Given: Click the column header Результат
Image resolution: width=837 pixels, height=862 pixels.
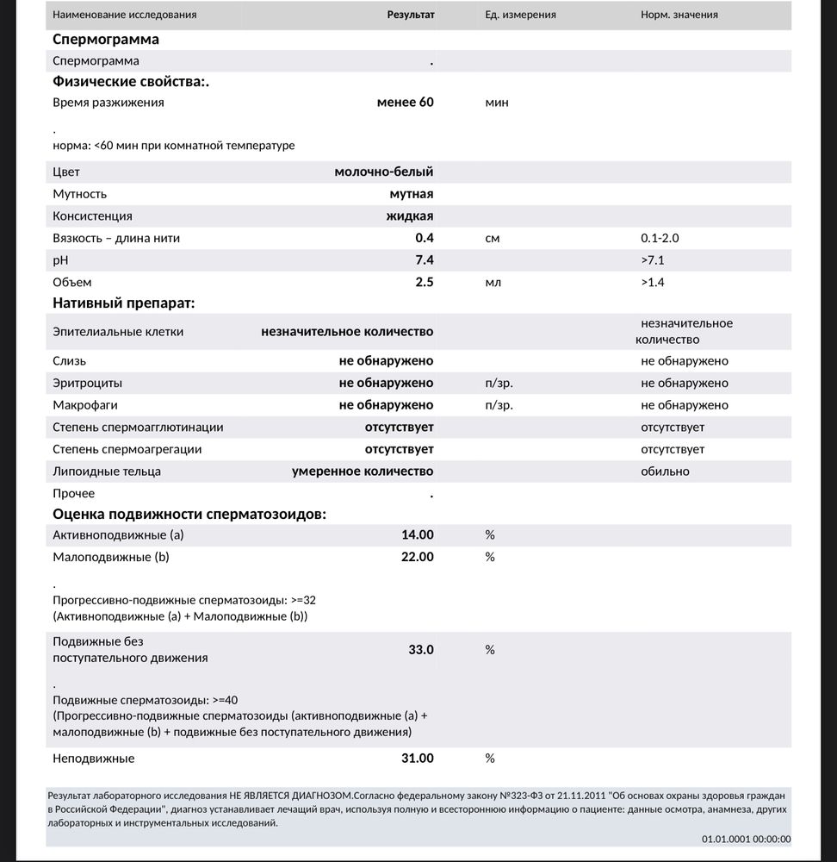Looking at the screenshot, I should [x=411, y=15].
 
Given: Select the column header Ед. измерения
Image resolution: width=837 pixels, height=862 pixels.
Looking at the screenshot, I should [x=520, y=15].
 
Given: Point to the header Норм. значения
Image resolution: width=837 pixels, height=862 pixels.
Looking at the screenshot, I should [x=679, y=15].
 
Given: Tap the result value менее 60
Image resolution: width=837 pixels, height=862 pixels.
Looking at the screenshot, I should [x=405, y=103].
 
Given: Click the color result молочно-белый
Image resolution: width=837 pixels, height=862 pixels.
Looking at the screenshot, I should [x=383, y=172].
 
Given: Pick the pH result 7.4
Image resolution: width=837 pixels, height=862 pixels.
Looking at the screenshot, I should [x=424, y=260].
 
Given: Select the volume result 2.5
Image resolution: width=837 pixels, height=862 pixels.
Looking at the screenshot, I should [x=424, y=283].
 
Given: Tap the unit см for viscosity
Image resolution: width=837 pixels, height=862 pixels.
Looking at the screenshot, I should [x=493, y=239].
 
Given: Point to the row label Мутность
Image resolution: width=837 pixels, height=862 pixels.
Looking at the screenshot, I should [x=80, y=195].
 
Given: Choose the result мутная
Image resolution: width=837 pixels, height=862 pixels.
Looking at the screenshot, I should [x=411, y=195].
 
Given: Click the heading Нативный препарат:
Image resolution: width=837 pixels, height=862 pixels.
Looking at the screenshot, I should [x=123, y=303].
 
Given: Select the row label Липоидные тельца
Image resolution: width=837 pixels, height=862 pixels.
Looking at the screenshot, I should [x=107, y=472].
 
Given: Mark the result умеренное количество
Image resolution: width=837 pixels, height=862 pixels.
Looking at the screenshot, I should [x=363, y=472].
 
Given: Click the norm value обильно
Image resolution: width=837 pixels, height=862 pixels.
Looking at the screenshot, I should [x=665, y=472].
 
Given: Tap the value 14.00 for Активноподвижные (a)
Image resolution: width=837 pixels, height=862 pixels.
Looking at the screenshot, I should [x=418, y=535].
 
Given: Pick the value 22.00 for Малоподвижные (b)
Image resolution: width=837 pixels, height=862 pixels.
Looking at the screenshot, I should [x=418, y=558].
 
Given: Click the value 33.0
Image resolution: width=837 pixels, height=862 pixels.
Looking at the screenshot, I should [x=421, y=650].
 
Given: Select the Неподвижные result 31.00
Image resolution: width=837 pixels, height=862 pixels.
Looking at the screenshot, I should [x=418, y=759].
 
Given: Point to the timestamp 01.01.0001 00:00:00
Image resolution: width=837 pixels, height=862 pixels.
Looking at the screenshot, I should [x=746, y=840].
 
